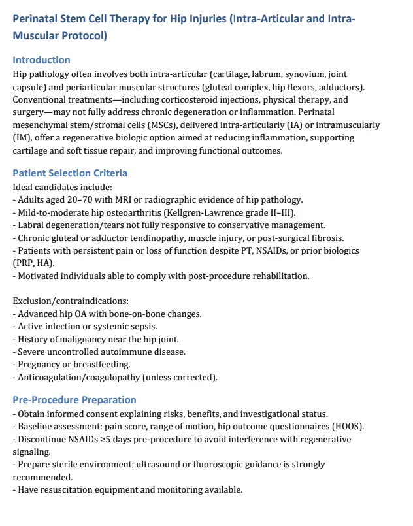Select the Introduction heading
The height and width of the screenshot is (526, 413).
pos(41,60)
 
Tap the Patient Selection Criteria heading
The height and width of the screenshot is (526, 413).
pos(70,173)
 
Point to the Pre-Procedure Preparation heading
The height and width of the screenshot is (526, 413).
pos(74,400)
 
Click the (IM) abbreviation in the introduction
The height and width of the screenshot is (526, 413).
pos(21,138)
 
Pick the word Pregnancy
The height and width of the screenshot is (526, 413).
pos(39,365)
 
